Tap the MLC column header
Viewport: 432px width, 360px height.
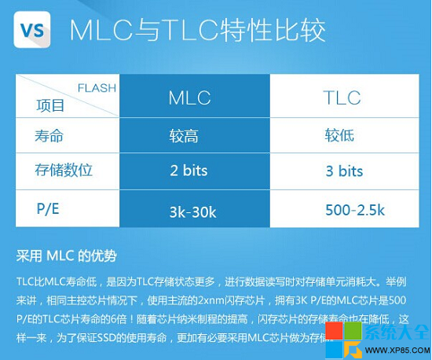point(189,97)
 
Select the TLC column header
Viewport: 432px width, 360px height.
point(342,97)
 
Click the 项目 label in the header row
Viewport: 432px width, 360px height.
point(51,105)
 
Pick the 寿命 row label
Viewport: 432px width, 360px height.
point(49,135)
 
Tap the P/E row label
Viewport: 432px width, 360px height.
point(48,208)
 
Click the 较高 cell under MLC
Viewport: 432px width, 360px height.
point(183,136)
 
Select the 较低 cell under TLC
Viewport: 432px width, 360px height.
point(340,136)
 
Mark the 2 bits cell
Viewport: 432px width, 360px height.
point(189,170)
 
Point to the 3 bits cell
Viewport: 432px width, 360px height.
point(344,171)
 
